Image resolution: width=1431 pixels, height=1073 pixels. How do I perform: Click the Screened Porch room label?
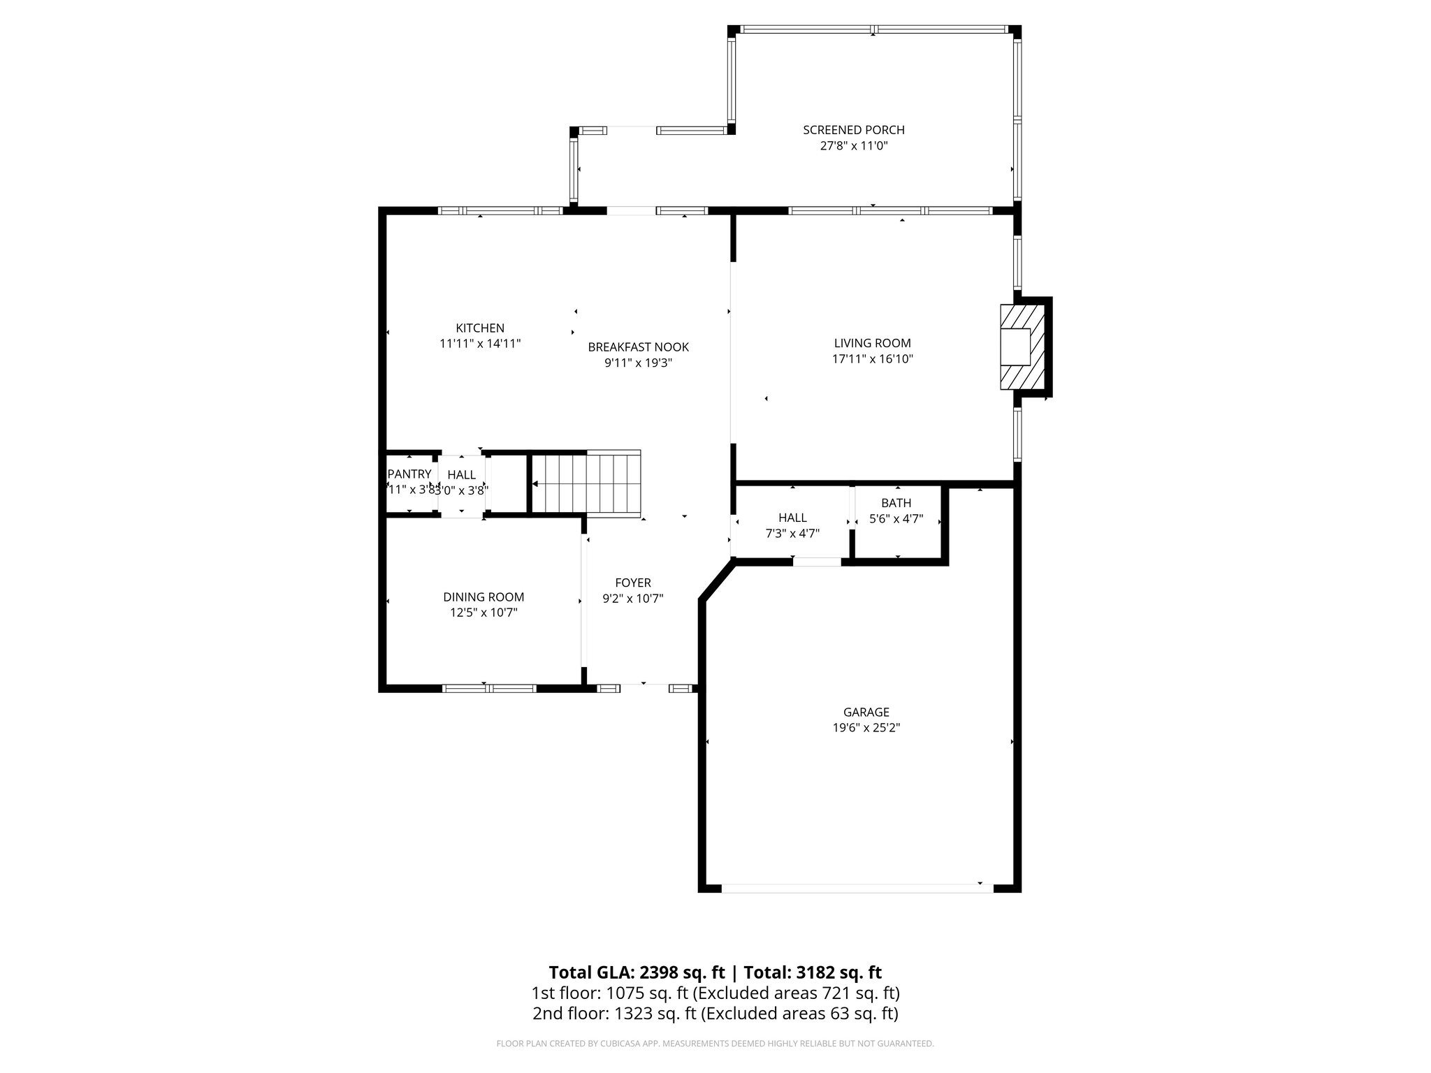[853, 130]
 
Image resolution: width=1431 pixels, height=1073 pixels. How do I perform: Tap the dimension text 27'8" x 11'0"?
[853, 146]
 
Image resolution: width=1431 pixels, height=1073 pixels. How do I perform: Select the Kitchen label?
[479, 328]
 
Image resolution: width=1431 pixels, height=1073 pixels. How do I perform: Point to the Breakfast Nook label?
[638, 346]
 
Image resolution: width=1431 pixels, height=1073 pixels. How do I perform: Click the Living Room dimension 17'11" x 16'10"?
[872, 359]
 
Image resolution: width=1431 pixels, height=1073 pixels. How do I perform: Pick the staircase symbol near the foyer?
[586, 483]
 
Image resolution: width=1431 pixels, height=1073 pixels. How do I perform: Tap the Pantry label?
[409, 474]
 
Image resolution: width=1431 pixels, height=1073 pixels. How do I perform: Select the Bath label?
[896, 503]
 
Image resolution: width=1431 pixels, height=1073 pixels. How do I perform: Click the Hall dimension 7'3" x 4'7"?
[792, 533]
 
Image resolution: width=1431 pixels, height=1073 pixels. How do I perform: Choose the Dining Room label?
[483, 597]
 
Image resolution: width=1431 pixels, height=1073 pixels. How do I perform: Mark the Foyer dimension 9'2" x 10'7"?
[632, 599]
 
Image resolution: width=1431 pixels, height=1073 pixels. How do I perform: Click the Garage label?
[866, 712]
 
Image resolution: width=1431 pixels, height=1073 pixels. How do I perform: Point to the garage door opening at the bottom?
[857, 888]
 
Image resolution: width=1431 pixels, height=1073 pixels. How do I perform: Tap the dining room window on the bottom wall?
[489, 688]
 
